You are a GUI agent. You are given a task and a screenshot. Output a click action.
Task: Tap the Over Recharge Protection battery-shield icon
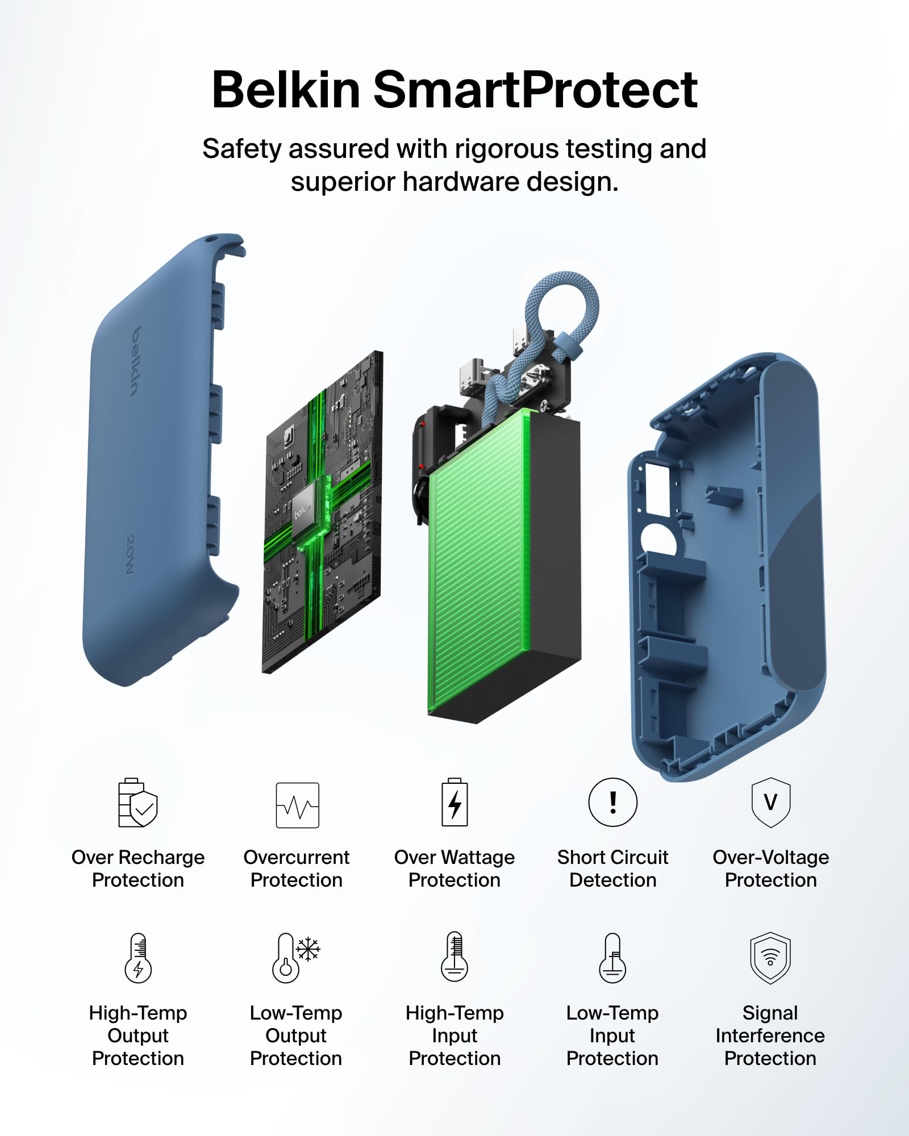coord(137,803)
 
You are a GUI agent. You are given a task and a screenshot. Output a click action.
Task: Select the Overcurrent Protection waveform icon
coord(297,805)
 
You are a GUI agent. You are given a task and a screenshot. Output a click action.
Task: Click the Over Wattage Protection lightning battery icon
coord(455,802)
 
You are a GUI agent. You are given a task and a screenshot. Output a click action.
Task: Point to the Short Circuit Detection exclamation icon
coord(612,802)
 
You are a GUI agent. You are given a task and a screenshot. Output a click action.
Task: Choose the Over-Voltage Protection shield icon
coord(770,802)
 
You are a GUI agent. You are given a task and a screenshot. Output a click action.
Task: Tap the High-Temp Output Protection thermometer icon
coord(138,958)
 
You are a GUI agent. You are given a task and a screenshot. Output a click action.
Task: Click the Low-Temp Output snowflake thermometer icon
coord(296,958)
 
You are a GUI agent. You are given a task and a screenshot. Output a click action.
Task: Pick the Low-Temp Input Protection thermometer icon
coord(612,958)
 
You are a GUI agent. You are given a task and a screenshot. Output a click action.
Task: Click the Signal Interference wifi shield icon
coord(770,958)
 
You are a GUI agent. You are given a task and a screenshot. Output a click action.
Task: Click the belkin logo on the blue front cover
coord(135,361)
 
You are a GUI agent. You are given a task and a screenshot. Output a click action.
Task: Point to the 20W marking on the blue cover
coord(131,554)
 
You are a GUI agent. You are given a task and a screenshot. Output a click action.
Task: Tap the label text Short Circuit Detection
coord(612,868)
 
